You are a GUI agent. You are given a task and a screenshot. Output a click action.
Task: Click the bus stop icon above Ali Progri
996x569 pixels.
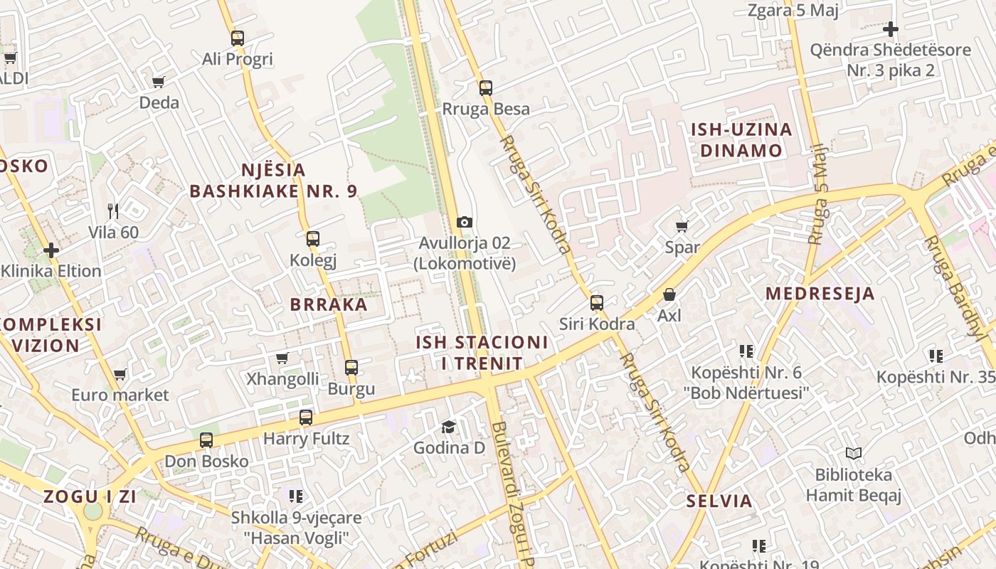pos(238,38)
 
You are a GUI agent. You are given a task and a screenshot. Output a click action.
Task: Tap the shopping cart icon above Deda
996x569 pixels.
pos(159,82)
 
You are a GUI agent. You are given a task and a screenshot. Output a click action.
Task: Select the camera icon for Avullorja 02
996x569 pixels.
pos(465,223)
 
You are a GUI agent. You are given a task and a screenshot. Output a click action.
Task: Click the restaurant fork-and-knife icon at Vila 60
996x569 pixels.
pos(113,211)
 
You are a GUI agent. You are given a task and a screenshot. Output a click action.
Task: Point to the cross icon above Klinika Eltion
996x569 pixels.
pos(51,250)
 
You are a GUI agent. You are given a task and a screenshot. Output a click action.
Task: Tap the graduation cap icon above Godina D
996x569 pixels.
pos(448,427)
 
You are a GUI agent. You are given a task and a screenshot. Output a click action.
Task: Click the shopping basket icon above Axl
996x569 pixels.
pos(669,294)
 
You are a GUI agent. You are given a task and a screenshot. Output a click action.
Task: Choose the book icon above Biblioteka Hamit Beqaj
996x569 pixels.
pos(853,453)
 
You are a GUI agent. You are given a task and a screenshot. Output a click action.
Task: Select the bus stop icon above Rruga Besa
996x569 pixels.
pos(486,88)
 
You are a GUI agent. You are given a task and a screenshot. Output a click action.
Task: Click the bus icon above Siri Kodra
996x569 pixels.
pos(597,303)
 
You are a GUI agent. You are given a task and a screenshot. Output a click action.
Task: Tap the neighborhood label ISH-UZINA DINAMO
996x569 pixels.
pos(741,140)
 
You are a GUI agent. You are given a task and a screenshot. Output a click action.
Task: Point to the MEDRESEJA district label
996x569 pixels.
pos(820,294)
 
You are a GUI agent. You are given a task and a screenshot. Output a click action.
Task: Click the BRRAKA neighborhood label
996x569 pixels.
pos(329,305)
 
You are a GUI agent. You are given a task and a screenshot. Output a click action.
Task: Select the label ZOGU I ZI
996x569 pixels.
pos(90,496)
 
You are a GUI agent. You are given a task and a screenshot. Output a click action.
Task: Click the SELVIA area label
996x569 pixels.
pos(719,501)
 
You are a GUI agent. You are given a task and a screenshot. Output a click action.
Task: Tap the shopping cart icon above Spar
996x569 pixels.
pos(682,227)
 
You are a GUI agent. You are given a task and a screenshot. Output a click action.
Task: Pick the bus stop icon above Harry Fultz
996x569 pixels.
pos(306,418)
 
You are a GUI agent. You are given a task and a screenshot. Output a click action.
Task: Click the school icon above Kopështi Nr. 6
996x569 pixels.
pos(746,351)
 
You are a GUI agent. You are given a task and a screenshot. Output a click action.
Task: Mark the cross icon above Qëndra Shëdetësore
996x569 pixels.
pos(890,29)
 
